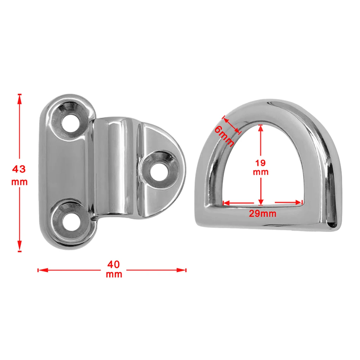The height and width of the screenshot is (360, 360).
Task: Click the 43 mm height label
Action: click(x=19, y=175)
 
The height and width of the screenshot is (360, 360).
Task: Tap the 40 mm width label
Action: click(x=114, y=269)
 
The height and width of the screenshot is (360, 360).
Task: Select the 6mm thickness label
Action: click(x=224, y=136)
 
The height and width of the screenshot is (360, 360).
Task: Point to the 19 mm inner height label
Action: click(x=261, y=167)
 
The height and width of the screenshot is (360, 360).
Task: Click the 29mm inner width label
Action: click(x=263, y=213)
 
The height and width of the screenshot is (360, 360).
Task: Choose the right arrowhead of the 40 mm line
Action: click(x=182, y=270)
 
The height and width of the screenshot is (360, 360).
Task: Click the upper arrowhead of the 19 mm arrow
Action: click(x=261, y=128)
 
